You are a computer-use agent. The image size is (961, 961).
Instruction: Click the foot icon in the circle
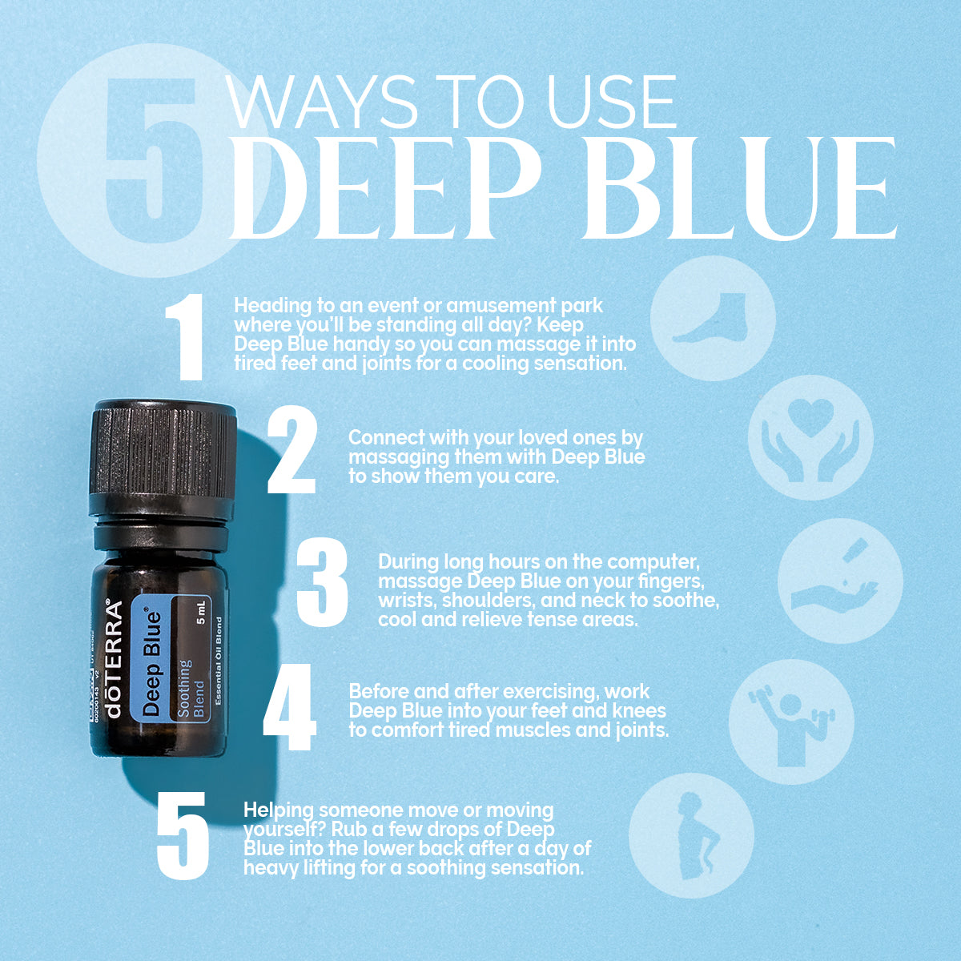[x=712, y=319]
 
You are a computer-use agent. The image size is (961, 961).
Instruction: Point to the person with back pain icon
[x=693, y=834]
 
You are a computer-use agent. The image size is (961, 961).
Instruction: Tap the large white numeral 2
[x=292, y=451]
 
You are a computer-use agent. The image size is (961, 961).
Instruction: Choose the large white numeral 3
[x=322, y=582]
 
